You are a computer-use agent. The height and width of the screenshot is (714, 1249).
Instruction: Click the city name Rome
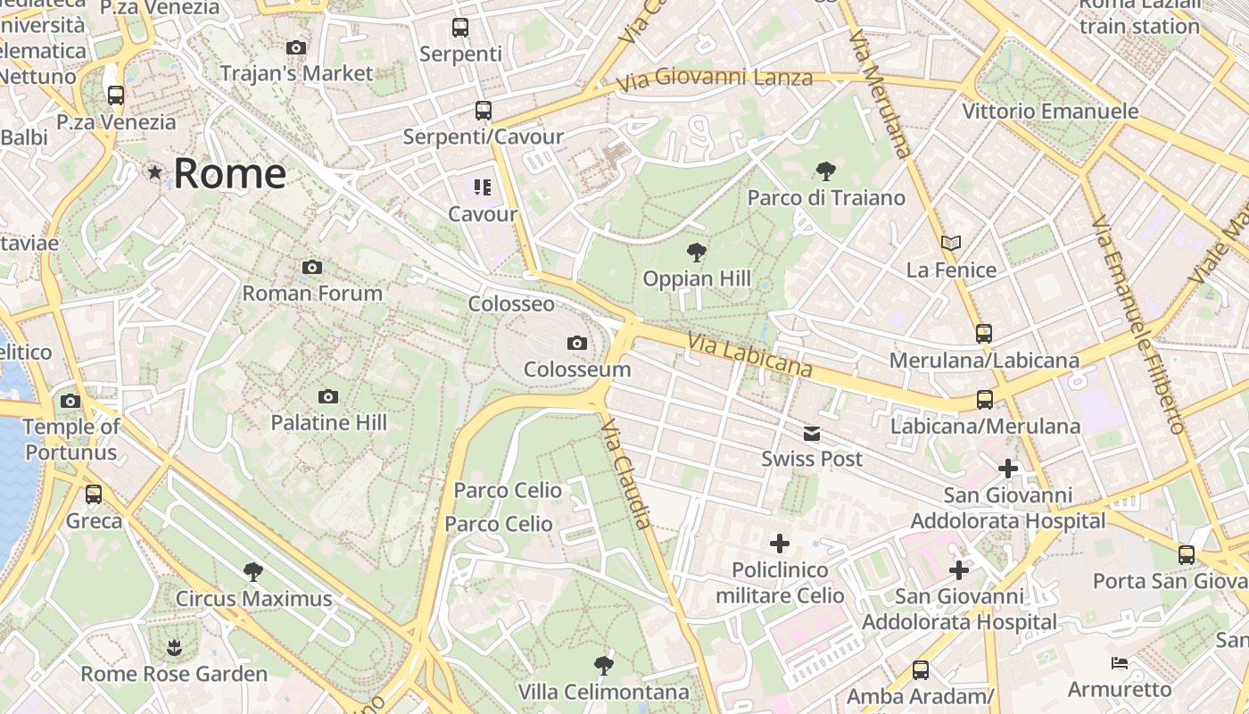[229, 173]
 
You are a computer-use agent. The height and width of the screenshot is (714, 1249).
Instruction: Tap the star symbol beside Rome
[155, 172]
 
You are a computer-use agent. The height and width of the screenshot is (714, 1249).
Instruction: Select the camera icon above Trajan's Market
[296, 48]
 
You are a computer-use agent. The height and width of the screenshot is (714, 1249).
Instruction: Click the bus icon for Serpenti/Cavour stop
[483, 111]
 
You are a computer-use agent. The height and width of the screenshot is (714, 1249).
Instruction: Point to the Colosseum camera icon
[577, 344]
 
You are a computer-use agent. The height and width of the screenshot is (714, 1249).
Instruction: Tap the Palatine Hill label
[328, 422]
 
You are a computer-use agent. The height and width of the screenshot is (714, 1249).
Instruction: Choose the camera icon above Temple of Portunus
[70, 402]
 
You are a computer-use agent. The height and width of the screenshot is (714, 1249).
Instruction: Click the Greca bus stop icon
[94, 494]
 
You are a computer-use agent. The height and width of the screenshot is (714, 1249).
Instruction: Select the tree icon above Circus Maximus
[253, 572]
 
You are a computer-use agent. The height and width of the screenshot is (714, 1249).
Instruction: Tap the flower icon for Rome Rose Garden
[174, 647]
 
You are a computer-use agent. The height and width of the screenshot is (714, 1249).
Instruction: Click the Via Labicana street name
[749, 355]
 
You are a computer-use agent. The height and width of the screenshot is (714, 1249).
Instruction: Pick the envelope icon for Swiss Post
[812, 435]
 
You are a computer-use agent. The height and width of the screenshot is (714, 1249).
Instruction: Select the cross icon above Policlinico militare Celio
[780, 543]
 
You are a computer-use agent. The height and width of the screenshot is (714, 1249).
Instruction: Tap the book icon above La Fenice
[951, 243]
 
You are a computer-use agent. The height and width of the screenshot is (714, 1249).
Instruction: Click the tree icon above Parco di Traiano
[826, 170]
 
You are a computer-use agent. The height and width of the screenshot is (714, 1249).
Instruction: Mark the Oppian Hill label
[697, 278]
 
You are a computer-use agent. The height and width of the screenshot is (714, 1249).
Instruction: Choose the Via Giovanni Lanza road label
[715, 79]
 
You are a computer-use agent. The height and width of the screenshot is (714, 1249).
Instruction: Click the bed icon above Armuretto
[1120, 663]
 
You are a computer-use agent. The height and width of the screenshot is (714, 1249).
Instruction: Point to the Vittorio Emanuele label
[1050, 112]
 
